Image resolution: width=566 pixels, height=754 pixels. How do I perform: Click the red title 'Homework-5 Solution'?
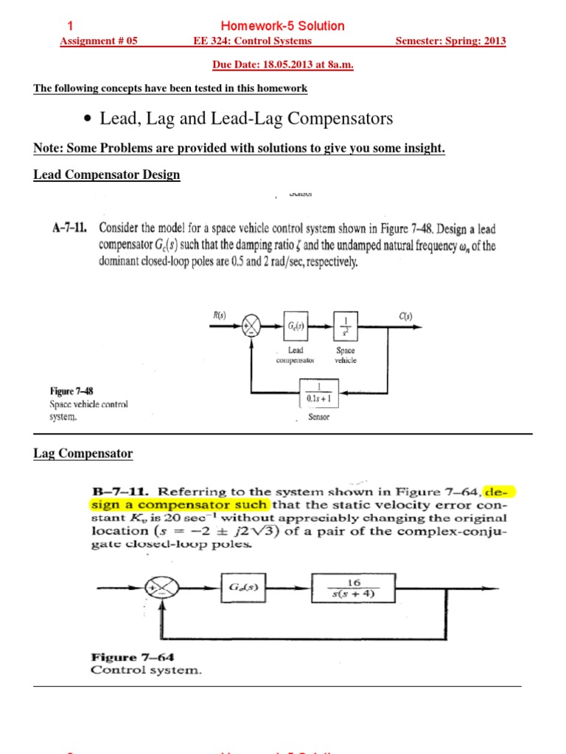(x=293, y=26)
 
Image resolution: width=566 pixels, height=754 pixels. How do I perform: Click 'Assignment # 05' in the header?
(x=98, y=41)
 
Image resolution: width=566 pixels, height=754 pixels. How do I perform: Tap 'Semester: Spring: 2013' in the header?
(x=450, y=41)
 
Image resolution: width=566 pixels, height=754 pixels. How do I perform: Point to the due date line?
(x=283, y=65)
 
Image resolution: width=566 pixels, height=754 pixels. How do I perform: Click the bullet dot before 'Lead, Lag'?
(x=88, y=119)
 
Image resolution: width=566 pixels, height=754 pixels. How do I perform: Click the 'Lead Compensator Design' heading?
(x=107, y=175)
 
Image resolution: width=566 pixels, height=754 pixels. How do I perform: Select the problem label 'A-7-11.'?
(x=71, y=228)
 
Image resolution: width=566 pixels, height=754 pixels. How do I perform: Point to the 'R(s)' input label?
(x=220, y=315)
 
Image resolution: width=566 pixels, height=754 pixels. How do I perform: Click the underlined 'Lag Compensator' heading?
(x=83, y=454)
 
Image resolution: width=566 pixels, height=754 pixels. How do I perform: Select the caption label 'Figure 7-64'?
(x=124, y=657)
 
